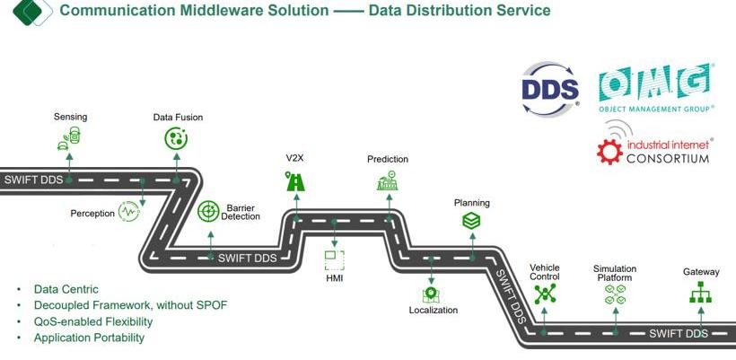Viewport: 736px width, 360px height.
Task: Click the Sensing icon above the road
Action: point(69,138)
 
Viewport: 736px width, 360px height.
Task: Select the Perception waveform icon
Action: point(130,212)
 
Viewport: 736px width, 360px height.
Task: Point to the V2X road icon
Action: point(295,181)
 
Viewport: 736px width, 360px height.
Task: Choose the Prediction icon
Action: point(387,181)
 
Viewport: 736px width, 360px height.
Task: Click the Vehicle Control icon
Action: point(545,294)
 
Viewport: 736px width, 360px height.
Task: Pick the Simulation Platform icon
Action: point(615,294)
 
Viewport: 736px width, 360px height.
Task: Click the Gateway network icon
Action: point(700,293)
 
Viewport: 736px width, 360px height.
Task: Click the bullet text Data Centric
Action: point(66,289)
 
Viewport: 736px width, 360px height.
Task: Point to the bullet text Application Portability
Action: point(89,338)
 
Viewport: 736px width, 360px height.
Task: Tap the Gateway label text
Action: point(701,271)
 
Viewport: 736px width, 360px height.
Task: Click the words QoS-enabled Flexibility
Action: point(93,321)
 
